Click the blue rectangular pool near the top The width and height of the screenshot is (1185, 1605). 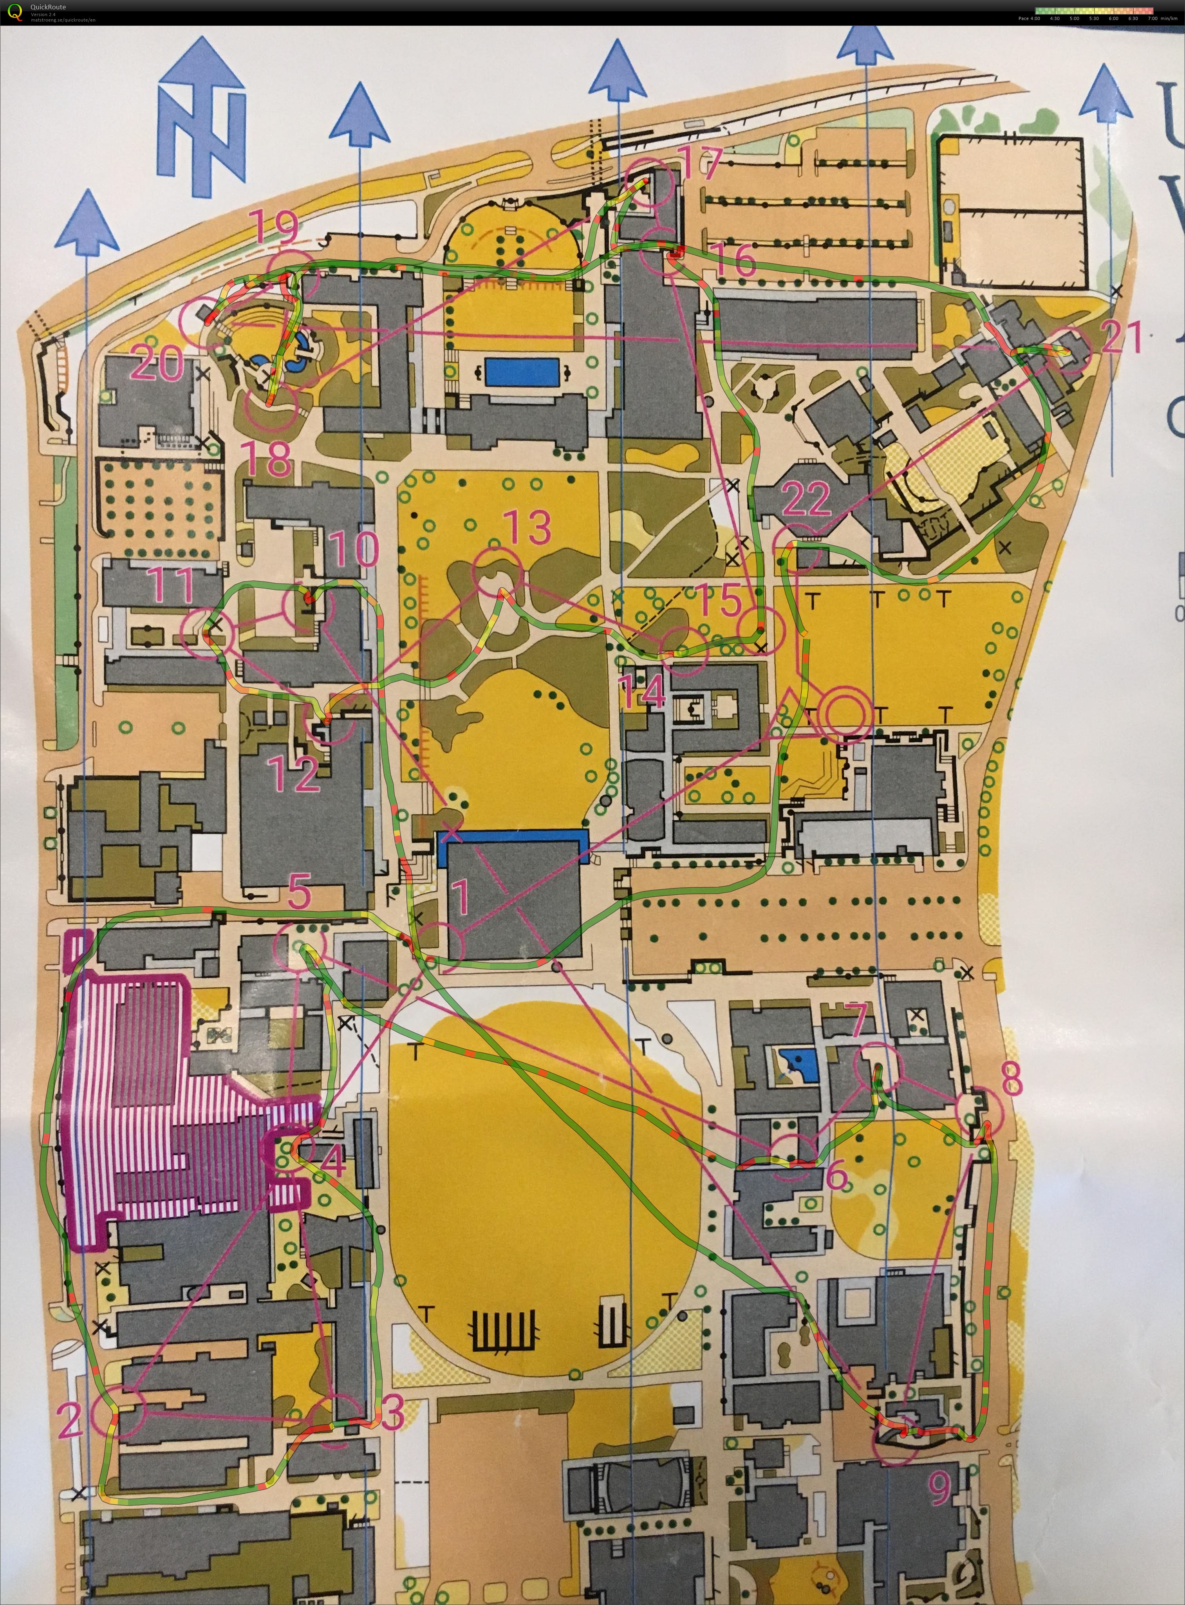[522, 372]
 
